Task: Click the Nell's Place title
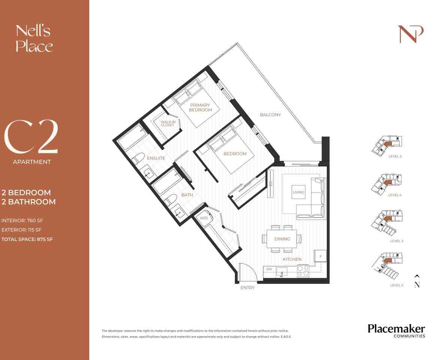coord(34,38)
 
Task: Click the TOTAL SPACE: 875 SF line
coord(27,239)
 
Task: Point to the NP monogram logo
coord(411,34)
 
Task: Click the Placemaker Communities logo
coord(396,331)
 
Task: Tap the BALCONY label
coord(270,115)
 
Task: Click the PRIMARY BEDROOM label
coord(200,107)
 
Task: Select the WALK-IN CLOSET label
coord(167,123)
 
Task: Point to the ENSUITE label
coord(156,158)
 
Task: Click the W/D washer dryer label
coord(203,218)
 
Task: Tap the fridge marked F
coord(320,256)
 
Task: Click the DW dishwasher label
coord(269,269)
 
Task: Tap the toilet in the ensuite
coord(136,160)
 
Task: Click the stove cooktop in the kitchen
coord(303,270)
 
